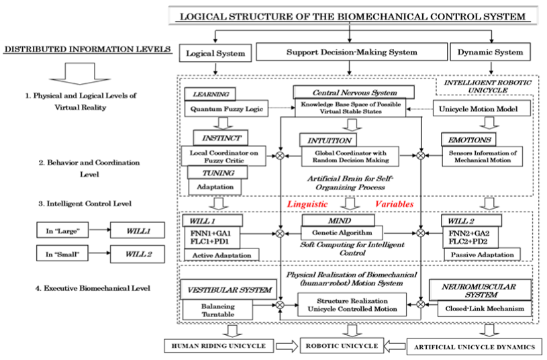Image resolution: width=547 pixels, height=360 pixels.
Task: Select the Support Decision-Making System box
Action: (x=352, y=52)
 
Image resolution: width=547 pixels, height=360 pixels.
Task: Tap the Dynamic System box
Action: (x=491, y=52)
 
